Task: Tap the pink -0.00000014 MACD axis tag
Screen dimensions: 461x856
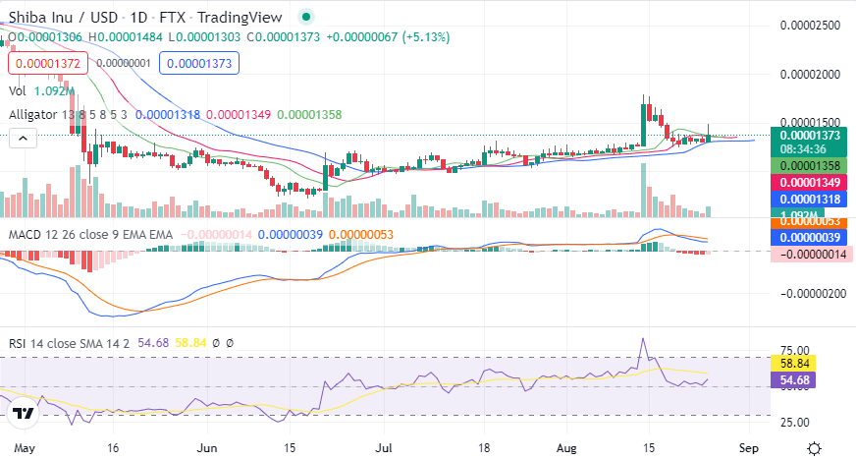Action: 810,254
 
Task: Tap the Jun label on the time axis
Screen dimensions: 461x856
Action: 206,446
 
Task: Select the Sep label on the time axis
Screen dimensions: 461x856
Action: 748,446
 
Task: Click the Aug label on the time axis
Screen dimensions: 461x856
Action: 569,446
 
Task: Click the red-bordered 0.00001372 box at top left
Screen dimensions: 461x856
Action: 47,63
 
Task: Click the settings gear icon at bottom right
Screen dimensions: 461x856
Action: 814,447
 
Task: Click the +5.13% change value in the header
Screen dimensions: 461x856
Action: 423,36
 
